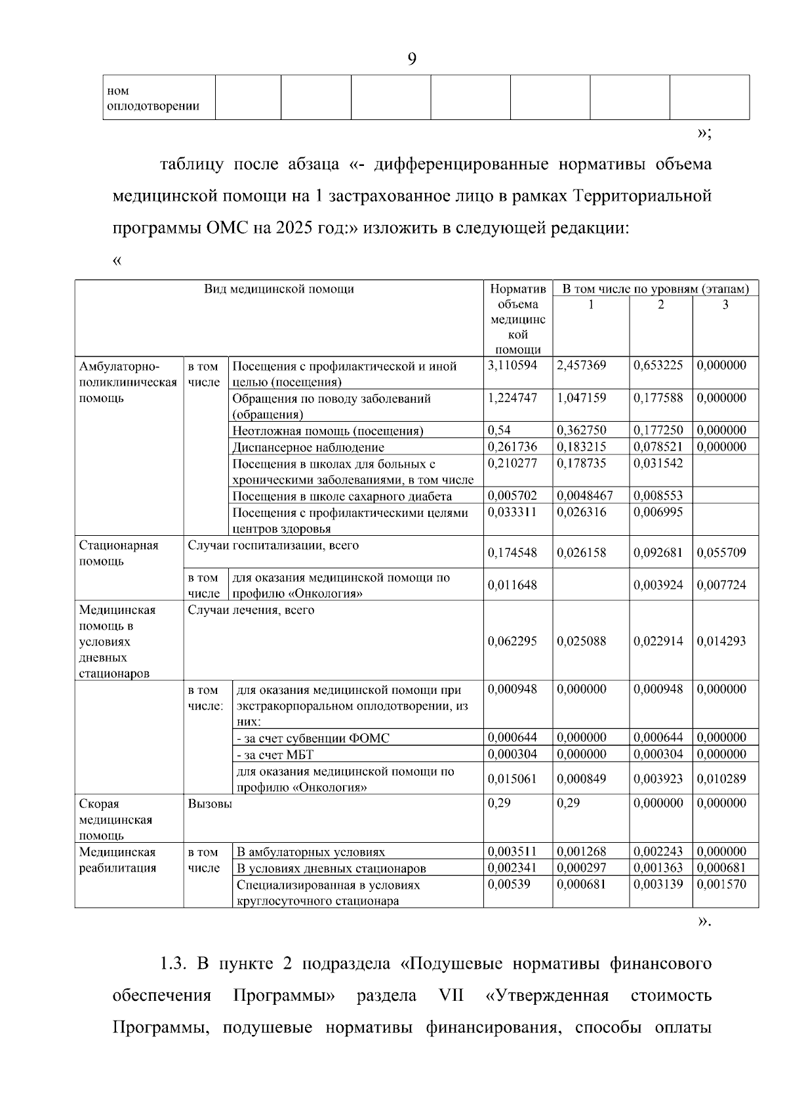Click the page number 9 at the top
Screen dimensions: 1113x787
(411, 60)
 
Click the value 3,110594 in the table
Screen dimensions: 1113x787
(512, 365)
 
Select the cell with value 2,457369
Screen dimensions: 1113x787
(581, 365)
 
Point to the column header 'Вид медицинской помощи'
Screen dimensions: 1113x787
(279, 289)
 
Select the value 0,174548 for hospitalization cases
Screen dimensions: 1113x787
(512, 553)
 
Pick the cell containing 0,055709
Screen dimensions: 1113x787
(721, 553)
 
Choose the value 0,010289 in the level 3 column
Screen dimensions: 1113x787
(721, 779)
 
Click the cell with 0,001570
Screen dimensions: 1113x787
(721, 884)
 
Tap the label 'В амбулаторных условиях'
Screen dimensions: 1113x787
(310, 853)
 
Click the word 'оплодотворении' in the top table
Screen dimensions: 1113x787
(153, 106)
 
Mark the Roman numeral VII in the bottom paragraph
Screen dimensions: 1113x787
(450, 996)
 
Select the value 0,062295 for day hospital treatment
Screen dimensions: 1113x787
(512, 641)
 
